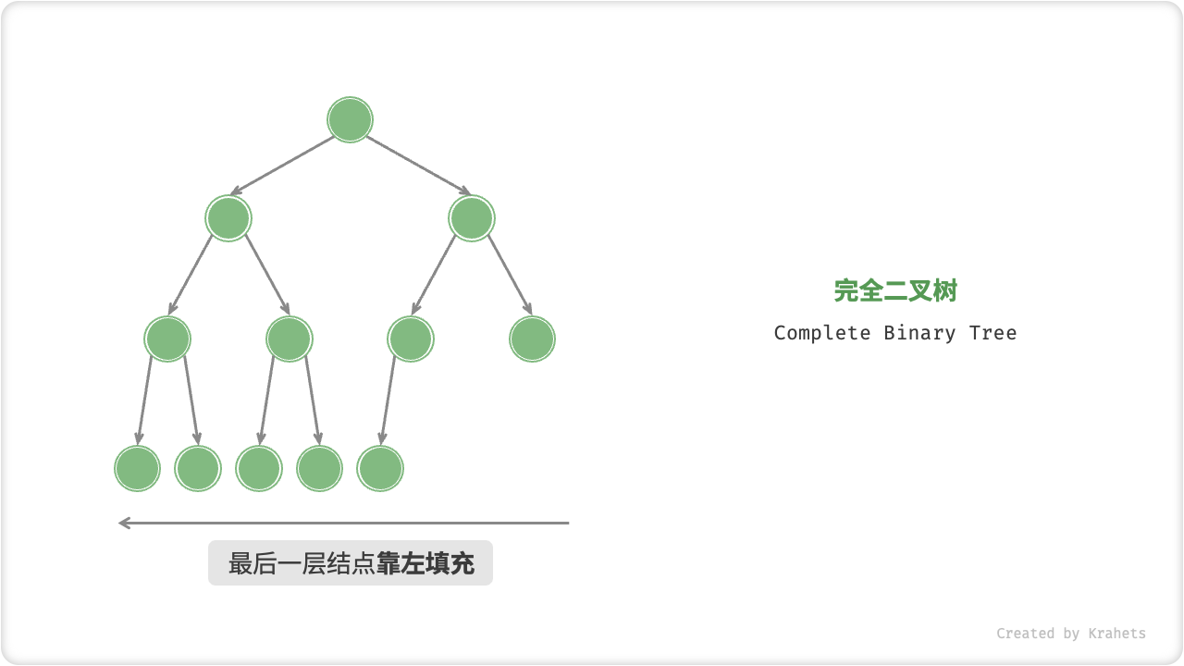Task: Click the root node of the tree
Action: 350,120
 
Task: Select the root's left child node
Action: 228,218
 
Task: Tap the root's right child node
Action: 472,218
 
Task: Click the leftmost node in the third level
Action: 167,339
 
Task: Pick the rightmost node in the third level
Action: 532,339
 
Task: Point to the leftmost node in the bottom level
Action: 138,468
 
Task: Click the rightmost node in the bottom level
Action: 380,468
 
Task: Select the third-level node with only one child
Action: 411,339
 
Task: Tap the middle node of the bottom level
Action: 259,468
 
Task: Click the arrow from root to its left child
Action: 282,166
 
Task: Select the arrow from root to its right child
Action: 418,166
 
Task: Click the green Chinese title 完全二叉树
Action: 895,290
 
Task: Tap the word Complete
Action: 822,333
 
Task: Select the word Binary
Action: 919,333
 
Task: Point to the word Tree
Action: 993,333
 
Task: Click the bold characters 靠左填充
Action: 425,563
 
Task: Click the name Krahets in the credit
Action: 1116,634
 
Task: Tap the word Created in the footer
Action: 1025,634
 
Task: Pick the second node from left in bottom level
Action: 198,468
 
